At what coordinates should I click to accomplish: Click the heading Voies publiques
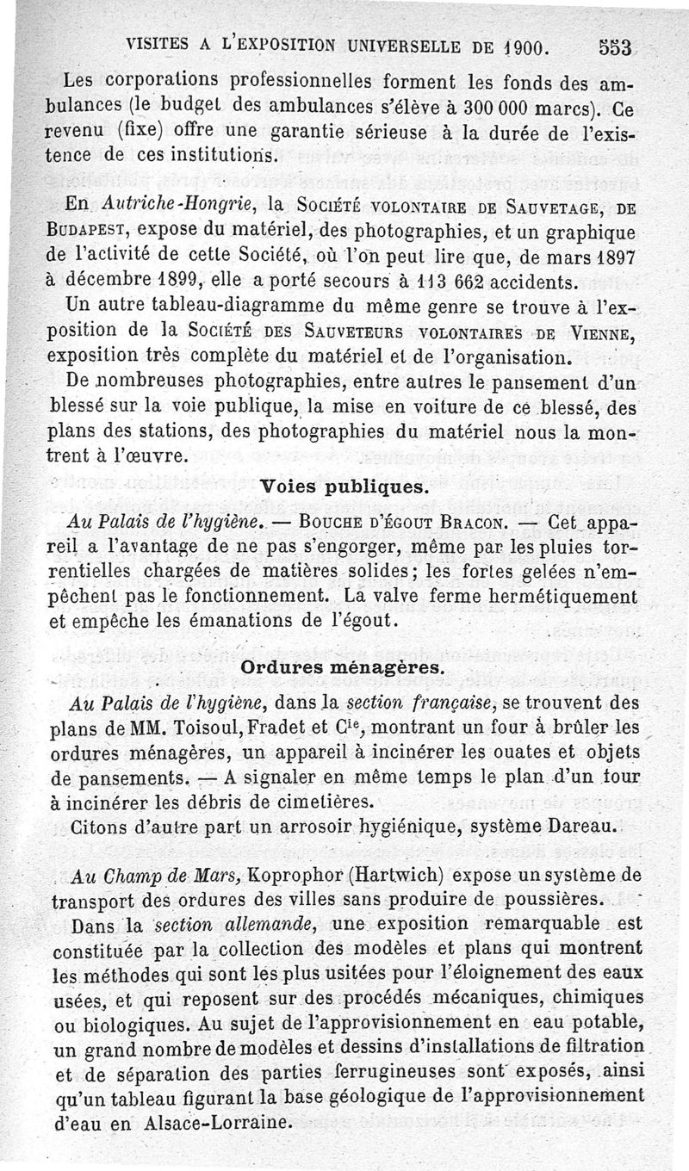[344, 486]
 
